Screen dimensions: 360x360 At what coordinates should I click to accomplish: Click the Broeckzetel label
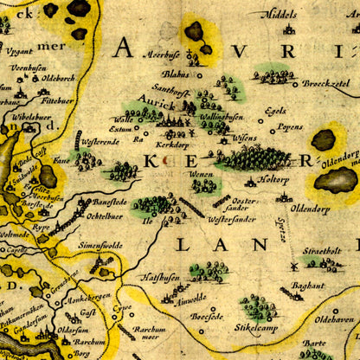point(327,84)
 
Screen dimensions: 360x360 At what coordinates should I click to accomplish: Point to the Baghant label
point(308,284)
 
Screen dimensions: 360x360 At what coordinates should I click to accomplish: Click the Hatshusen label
point(161,276)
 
